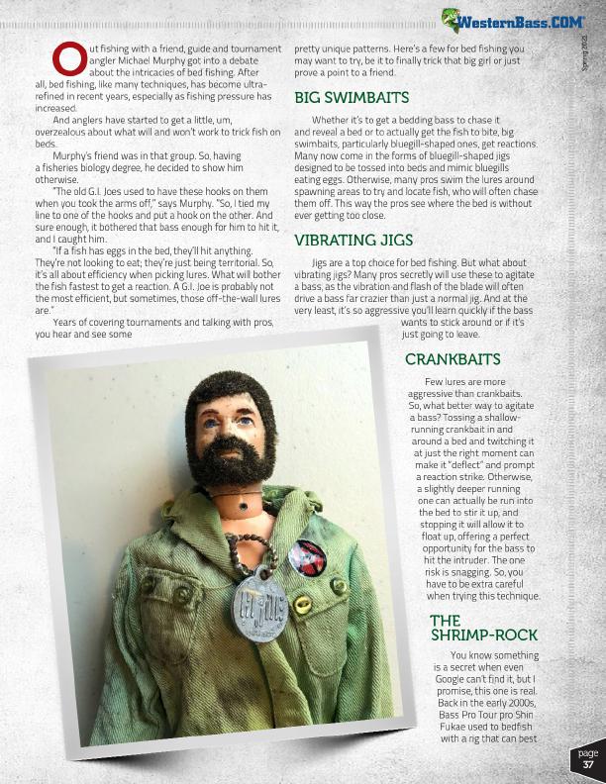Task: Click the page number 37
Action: click(587, 764)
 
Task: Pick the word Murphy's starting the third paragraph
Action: click(75, 155)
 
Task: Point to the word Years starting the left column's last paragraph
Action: click(67, 323)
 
